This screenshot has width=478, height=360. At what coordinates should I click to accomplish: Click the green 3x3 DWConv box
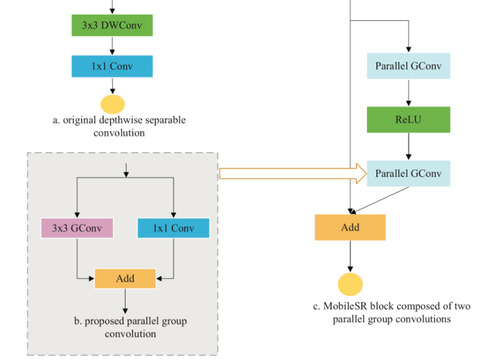pos(112,25)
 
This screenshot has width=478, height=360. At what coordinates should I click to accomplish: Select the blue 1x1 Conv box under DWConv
pos(112,67)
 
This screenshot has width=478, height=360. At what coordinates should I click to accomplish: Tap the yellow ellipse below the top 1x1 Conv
pos(112,104)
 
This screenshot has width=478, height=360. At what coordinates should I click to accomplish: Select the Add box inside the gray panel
pos(125,278)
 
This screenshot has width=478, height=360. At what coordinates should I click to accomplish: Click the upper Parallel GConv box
pos(408,65)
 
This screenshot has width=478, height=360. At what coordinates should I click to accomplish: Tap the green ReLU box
pos(408,119)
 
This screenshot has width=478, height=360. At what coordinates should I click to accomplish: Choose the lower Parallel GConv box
pos(408,174)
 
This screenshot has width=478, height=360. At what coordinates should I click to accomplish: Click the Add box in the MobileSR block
pos(350,227)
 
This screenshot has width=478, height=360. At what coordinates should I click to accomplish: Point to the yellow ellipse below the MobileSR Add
pos(350,285)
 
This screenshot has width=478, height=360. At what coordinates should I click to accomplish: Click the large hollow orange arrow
pos(291,173)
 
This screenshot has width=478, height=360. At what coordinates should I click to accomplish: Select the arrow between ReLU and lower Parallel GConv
pos(408,147)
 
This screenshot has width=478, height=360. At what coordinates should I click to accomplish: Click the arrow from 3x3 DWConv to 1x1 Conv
pos(112,46)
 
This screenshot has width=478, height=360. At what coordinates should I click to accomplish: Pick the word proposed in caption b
pos(105,321)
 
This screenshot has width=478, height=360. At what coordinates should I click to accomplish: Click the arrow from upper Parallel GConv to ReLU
pos(408,92)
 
